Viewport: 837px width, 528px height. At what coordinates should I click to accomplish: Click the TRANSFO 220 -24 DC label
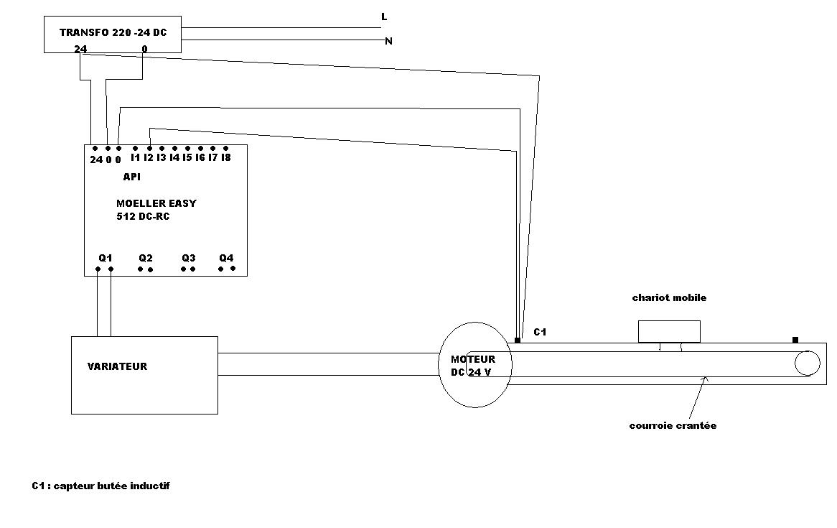tap(113, 32)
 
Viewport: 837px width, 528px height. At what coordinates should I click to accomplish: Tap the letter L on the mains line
tap(384, 17)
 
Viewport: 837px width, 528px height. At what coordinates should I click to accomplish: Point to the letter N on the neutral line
tap(388, 41)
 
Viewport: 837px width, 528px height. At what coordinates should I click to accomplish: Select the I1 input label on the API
tap(135, 157)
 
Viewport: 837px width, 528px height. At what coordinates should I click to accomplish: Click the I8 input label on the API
tap(225, 157)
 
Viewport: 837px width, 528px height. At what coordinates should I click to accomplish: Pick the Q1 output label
tap(106, 258)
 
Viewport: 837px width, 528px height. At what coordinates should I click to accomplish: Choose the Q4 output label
tap(226, 258)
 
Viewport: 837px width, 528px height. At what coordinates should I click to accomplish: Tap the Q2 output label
tap(146, 258)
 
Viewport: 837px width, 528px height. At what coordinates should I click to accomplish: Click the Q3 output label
tap(188, 258)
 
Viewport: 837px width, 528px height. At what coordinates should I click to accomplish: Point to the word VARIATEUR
tap(117, 366)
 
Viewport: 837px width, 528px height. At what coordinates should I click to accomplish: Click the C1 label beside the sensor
tap(540, 333)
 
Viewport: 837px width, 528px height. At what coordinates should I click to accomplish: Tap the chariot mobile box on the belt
tap(669, 331)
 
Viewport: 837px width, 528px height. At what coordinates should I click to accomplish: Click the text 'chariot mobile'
tap(669, 297)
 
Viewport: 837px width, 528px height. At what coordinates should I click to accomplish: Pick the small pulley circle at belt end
tap(807, 363)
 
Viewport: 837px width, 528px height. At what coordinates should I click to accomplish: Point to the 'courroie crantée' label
tap(673, 425)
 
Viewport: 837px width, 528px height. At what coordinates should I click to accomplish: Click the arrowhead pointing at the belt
tap(707, 379)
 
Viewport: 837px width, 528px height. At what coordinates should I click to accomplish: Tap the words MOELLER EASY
tap(156, 203)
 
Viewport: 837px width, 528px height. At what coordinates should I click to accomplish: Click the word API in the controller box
tap(131, 177)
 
